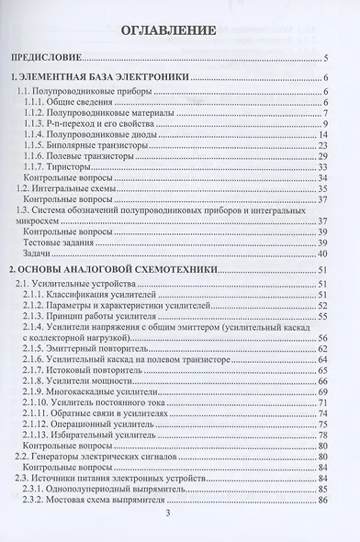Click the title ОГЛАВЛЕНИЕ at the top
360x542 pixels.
point(174,30)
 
